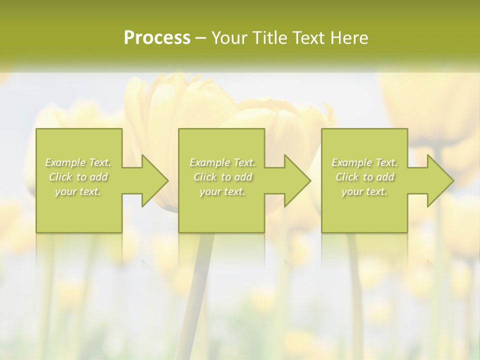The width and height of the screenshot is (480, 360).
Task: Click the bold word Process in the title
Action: (x=157, y=37)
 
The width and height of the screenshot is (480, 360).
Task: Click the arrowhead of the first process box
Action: (x=152, y=180)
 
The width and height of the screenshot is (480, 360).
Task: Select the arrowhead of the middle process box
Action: (x=295, y=180)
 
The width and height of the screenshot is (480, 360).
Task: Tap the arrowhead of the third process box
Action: (x=438, y=180)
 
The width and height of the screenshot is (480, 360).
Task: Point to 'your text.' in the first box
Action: (x=78, y=191)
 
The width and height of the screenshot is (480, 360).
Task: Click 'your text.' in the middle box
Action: (x=222, y=191)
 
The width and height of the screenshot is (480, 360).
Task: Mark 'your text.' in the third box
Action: (x=364, y=191)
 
